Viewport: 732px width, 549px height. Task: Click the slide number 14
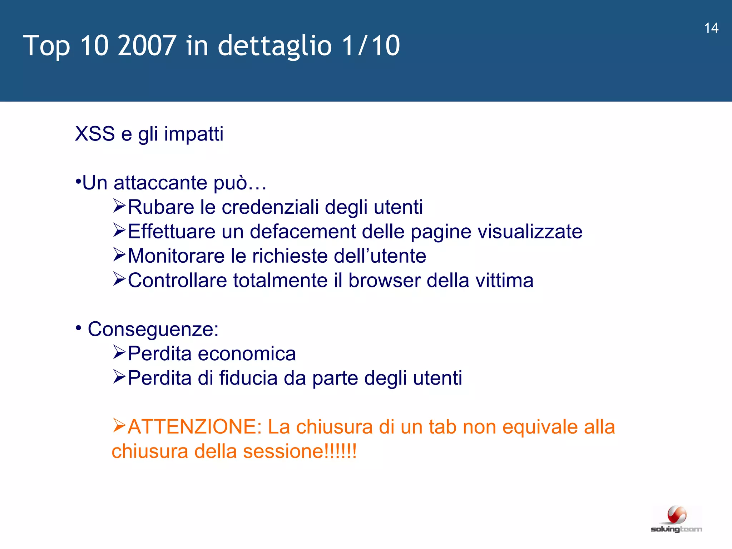[711, 28]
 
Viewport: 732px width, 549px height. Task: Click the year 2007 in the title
[147, 45]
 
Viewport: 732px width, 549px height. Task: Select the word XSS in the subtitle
[95, 134]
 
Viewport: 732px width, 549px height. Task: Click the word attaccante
[160, 183]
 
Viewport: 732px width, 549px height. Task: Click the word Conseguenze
[153, 329]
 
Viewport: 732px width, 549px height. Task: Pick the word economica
[247, 353]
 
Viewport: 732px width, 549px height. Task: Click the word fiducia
[248, 378]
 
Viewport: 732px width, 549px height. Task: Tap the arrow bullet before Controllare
[119, 279]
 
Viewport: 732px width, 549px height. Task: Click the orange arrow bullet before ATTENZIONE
[119, 426]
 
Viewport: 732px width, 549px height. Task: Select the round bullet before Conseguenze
[78, 328]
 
